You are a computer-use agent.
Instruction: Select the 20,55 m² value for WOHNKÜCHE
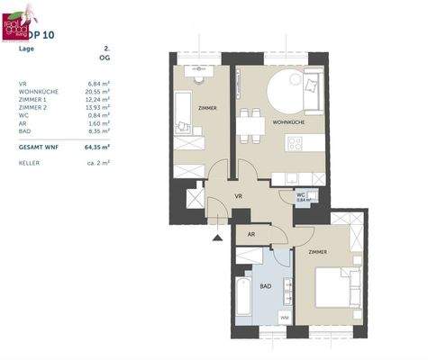click(96, 91)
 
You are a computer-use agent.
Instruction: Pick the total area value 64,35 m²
click(96, 146)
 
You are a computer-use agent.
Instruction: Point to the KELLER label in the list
click(30, 163)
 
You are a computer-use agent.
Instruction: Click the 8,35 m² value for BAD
click(97, 130)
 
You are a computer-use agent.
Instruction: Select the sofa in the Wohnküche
click(313, 87)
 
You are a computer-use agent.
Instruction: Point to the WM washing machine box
click(284, 317)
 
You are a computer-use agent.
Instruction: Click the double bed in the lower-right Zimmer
click(335, 287)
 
